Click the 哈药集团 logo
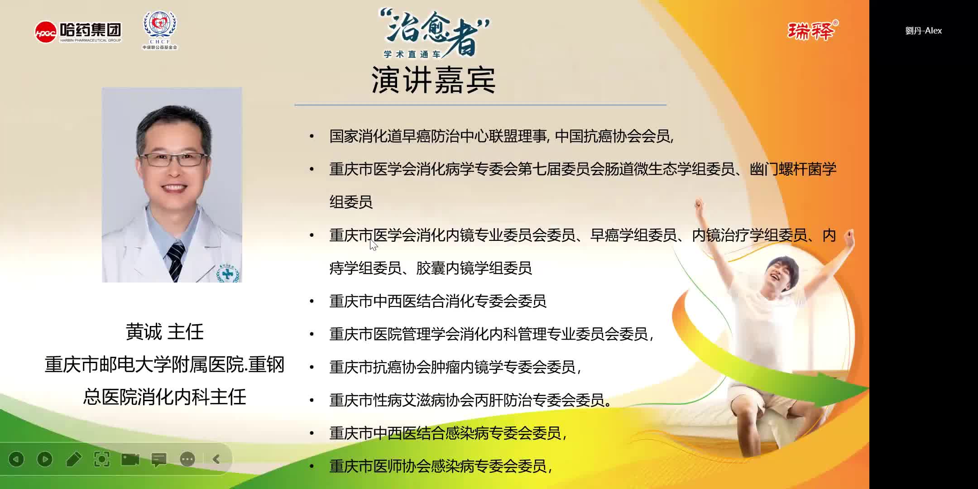coord(78,32)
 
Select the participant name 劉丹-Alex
coord(923,31)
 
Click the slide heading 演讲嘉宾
coord(433,80)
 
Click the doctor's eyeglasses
coord(173,159)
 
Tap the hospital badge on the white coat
coord(228,273)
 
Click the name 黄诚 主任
coord(164,332)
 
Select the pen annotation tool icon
coord(73,459)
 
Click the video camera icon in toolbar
coord(130,459)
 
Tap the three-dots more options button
coord(187,459)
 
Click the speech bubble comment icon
coord(159,460)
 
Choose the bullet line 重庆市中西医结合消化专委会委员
coord(437,301)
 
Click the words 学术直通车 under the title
coord(412,54)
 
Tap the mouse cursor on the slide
coord(374,245)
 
